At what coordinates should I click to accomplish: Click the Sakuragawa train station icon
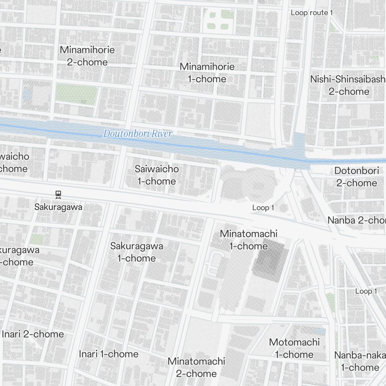coord(58,195)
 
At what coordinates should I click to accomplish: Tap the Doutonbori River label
coord(137,134)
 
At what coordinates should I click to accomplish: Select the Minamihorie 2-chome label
coord(87,56)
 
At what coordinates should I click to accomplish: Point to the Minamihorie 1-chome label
coord(207,73)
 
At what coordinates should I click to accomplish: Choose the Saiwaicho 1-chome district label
coord(157,175)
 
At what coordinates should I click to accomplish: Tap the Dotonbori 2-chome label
coord(356,176)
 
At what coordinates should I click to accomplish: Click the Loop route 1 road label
coord(312,13)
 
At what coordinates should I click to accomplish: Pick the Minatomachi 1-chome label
coord(249,240)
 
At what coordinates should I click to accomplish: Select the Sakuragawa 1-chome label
coord(137,252)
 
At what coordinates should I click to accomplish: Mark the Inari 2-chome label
coord(33,334)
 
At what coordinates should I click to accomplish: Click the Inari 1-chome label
coord(108,354)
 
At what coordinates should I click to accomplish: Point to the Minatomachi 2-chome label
coord(196,367)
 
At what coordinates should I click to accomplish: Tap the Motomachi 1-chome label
coord(294,348)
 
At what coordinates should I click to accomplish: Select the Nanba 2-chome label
coord(356,220)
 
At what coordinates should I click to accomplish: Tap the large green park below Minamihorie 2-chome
coord(76,95)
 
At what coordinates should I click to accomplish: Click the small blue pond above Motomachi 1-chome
coord(320,331)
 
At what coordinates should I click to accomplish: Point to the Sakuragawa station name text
coord(58,207)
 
